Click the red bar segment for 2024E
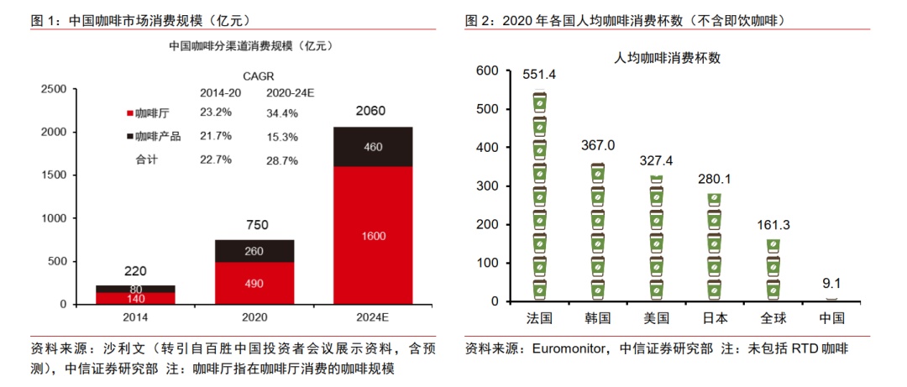pyautogui.click(x=374, y=235)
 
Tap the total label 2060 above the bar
pyautogui.click(x=374, y=111)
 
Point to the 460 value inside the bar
pyautogui.click(x=374, y=147)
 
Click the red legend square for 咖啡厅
pyautogui.click(x=130, y=112)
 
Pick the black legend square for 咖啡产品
pyautogui.click(x=130, y=136)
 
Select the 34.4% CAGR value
pyautogui.click(x=282, y=112)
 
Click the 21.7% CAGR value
pyautogui.click(x=216, y=136)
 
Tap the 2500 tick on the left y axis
pyautogui.click(x=52, y=89)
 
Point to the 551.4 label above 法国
pyautogui.click(x=539, y=75)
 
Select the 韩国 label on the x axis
pyautogui.click(x=597, y=318)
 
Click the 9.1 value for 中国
pyautogui.click(x=831, y=284)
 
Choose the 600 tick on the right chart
pyautogui.click(x=487, y=71)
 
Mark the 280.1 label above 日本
pyautogui.click(x=715, y=178)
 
